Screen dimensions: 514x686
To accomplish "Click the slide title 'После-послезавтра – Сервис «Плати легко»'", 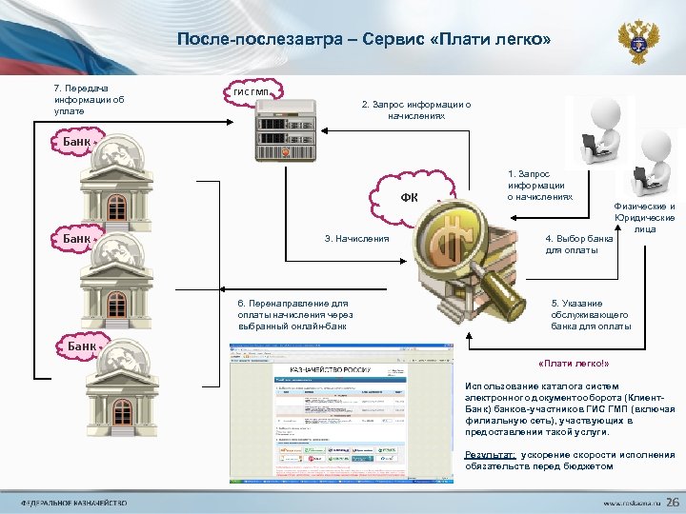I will pyautogui.click(x=363, y=40).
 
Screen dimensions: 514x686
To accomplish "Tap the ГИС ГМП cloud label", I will pyautogui.click(x=252, y=92).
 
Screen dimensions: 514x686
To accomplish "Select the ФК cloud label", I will pyautogui.click(x=410, y=197).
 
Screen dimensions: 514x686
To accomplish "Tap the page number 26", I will pyautogui.click(x=673, y=502).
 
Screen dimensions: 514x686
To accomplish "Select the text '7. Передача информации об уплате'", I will pyautogui.click(x=90, y=99).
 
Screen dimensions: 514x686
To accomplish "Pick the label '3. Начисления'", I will pyautogui.click(x=357, y=238).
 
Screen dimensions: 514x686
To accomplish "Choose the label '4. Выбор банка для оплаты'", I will pyautogui.click(x=578, y=244).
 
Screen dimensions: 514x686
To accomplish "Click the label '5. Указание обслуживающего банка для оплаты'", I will pyautogui.click(x=591, y=314).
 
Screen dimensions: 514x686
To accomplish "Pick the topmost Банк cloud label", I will pyautogui.click(x=76, y=142).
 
